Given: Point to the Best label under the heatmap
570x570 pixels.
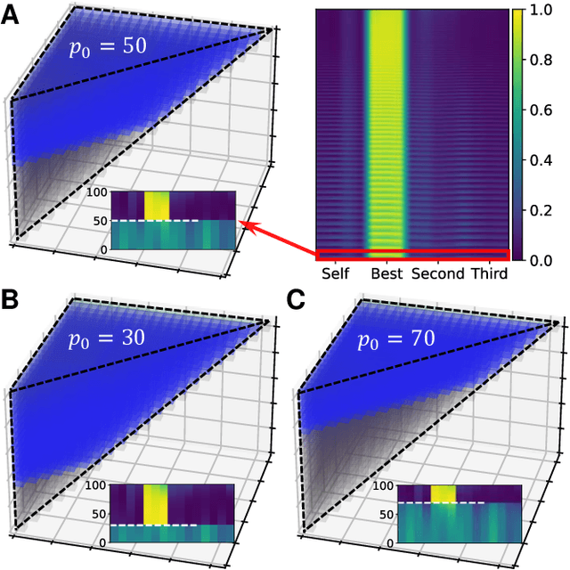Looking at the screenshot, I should point(387,274).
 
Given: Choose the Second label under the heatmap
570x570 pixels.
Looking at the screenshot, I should point(437,274).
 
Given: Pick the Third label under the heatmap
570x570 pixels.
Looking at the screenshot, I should point(489,274).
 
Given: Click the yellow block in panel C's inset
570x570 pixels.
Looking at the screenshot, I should point(443,493).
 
